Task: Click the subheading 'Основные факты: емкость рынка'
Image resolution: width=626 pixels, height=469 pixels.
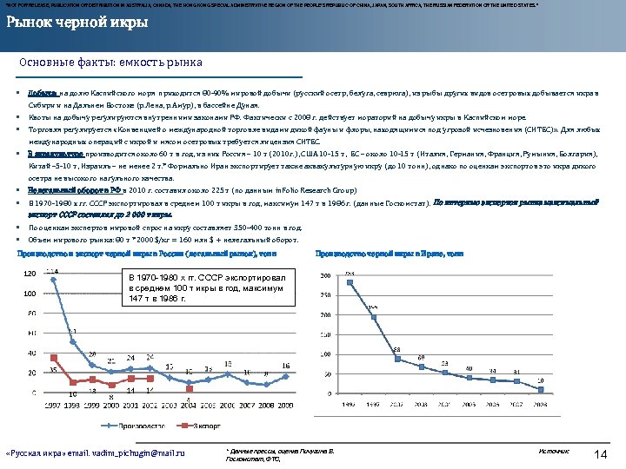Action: tap(110, 63)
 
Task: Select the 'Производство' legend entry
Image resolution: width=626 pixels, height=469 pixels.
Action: tap(132, 425)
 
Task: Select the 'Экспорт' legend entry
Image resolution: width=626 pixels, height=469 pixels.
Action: tap(206, 425)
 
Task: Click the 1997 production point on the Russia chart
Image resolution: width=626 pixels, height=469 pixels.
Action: tap(52, 277)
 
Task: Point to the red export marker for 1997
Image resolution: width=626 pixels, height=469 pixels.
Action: tap(52, 357)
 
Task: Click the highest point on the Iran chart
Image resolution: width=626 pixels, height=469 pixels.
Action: tap(350, 282)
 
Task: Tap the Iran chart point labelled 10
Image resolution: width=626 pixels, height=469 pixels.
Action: tap(540, 386)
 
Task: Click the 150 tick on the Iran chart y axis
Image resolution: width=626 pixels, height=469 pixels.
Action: tap(325, 334)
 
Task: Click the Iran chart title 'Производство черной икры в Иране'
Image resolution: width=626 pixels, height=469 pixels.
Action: tap(389, 254)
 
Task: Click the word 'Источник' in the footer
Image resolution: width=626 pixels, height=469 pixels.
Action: tap(553, 452)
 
